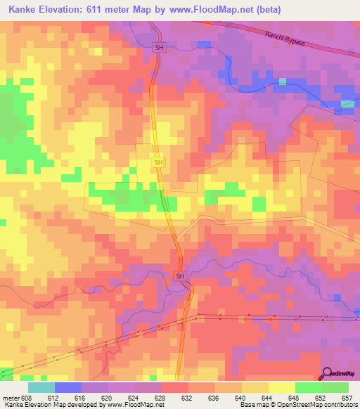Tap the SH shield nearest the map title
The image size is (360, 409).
coord(159,46)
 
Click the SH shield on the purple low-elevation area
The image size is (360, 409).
coord(180,276)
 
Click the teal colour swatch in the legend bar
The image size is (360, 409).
coord(41,387)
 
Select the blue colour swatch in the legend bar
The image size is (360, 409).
coord(68,387)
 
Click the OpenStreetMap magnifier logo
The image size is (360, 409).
coord(326,373)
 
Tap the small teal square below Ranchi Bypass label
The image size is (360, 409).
coord(283,82)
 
